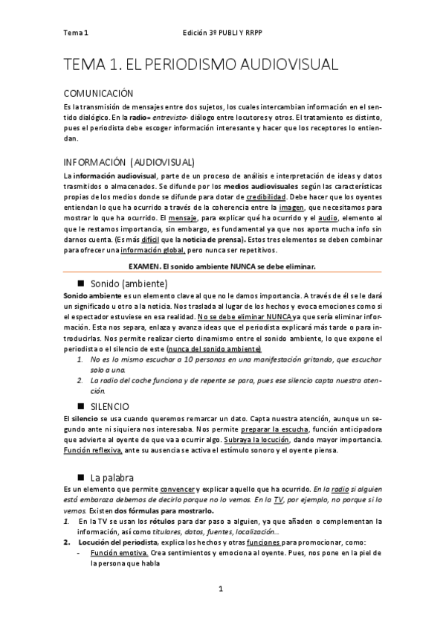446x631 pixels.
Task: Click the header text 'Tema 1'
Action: tap(76, 33)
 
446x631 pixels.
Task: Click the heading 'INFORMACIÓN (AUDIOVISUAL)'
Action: tap(129, 161)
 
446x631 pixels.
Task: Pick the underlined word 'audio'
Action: tap(328, 222)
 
